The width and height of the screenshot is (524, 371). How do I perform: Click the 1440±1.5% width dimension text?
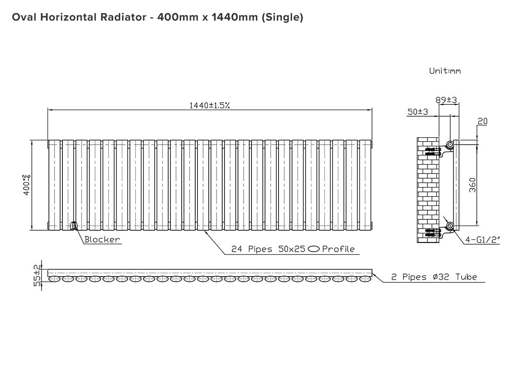209,106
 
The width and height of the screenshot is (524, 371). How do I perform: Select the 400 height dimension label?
27,185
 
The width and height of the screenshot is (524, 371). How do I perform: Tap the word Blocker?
102,239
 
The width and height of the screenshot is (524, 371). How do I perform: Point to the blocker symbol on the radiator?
74,225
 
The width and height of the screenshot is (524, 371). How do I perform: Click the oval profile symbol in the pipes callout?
314,249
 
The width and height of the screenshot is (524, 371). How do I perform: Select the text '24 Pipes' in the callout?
252,249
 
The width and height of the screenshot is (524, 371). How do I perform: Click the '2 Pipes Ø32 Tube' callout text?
434,277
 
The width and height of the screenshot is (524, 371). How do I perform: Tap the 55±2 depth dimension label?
37,275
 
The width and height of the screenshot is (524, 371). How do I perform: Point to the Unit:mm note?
445,71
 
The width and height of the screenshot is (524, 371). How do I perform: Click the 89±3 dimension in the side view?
446,100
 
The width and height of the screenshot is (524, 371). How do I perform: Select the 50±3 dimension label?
418,112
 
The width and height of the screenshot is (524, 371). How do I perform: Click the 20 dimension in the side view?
483,121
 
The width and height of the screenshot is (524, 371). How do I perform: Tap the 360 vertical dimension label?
472,185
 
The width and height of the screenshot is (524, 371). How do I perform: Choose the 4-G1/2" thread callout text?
483,240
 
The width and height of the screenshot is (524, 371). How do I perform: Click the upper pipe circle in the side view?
450,144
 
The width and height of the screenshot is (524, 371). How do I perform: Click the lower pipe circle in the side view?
450,226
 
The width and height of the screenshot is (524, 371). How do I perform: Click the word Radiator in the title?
123,17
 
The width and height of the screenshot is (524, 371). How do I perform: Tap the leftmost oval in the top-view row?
54,279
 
